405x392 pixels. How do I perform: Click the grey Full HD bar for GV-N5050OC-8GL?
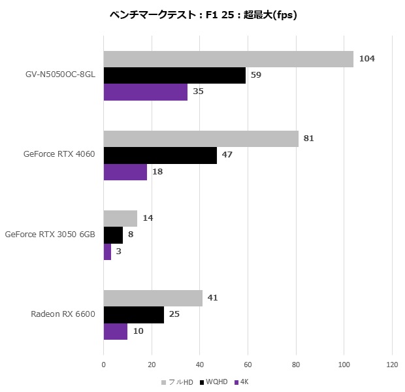(x=229, y=59)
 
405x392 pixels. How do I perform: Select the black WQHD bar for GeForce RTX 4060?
(x=161, y=155)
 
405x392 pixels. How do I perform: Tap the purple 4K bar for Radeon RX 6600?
(x=116, y=331)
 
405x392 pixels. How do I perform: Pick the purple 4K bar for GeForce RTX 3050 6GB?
(x=107, y=252)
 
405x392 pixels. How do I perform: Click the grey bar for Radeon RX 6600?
(x=153, y=298)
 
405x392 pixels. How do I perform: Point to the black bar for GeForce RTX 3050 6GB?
(x=114, y=235)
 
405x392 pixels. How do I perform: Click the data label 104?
(x=366, y=59)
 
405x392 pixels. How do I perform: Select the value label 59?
(x=256, y=75)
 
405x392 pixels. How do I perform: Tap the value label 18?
(x=157, y=172)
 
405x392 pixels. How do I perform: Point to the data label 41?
(x=212, y=298)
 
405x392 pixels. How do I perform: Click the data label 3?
(x=118, y=251)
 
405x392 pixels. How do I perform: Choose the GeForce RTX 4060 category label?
(x=59, y=154)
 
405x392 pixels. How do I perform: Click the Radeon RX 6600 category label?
(x=63, y=314)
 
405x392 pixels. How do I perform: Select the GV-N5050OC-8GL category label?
(x=60, y=74)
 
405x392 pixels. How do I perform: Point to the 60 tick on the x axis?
(x=248, y=365)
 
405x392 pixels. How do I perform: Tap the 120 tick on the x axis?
(x=392, y=365)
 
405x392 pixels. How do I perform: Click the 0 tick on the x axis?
(x=104, y=365)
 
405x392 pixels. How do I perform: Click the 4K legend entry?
(x=242, y=382)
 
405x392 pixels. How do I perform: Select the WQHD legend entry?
(x=214, y=382)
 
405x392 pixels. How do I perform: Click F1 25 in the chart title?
(x=219, y=15)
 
